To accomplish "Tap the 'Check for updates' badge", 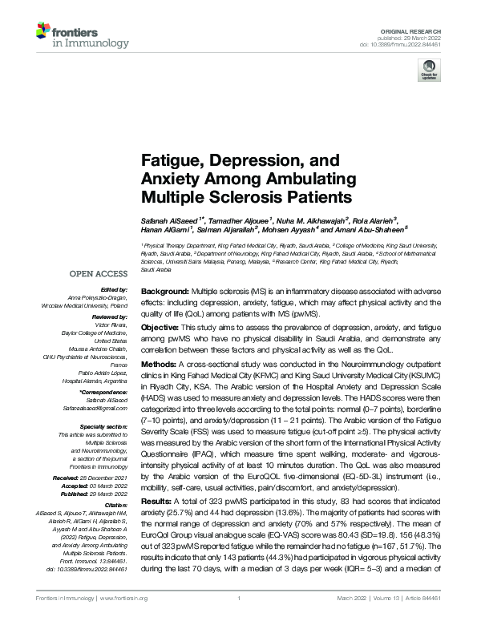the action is click(x=426, y=73).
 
